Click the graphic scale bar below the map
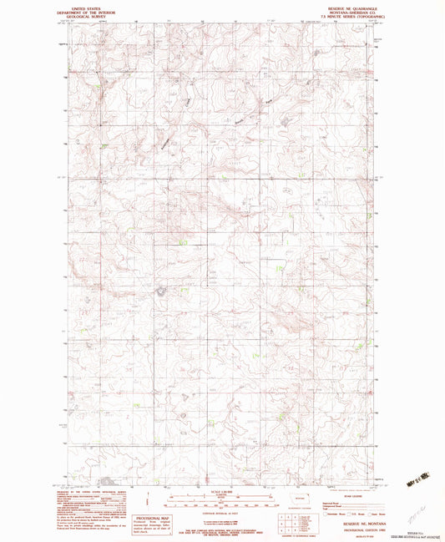[x=222, y=499]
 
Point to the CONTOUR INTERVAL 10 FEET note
[x=222, y=509]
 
